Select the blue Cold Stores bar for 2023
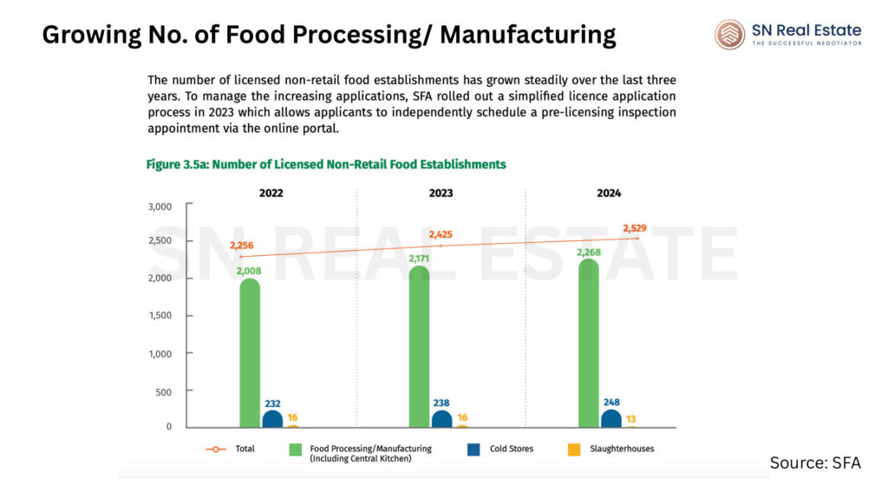441,418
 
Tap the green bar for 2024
588,344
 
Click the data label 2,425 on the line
440,234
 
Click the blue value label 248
610,402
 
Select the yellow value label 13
630,418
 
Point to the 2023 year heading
440,193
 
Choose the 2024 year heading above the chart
609,193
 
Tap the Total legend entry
236,449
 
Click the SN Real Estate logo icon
729,35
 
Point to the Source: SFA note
815,463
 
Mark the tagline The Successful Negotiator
806,43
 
